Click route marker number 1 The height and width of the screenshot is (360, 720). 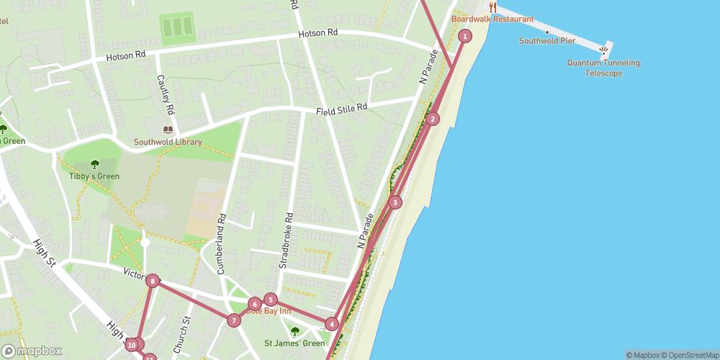click(x=465, y=36)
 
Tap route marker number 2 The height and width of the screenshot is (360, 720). click(x=432, y=119)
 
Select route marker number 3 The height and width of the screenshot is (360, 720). click(x=395, y=202)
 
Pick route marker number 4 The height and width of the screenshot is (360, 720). click(x=331, y=324)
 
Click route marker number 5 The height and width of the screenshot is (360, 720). click(x=270, y=300)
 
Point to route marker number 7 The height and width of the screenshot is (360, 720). click(x=233, y=320)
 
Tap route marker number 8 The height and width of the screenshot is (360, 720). click(x=152, y=281)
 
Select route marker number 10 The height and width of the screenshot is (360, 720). click(x=131, y=346)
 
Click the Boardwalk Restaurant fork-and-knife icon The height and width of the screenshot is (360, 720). click(x=492, y=7)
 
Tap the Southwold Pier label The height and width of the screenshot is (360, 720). click(x=546, y=41)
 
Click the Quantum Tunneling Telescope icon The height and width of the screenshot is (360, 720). click(x=603, y=50)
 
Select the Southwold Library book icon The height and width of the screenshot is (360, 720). click(x=168, y=130)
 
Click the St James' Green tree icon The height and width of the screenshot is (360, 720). click(x=294, y=331)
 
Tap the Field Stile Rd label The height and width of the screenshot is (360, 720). click(x=342, y=108)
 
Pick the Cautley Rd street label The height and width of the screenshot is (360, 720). click(x=166, y=95)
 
